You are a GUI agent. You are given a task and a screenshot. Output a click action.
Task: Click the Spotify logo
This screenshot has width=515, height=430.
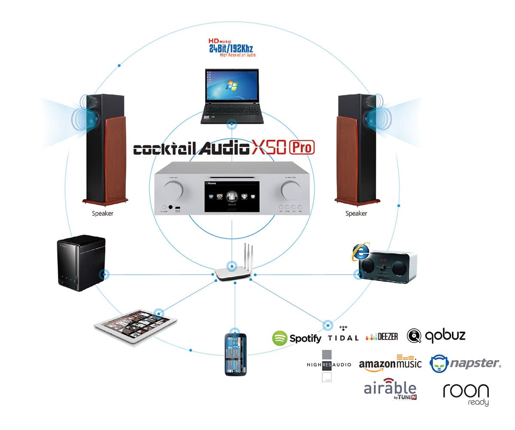tap(297, 338)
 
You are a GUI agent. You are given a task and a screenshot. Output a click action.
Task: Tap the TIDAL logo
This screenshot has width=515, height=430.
tap(343, 335)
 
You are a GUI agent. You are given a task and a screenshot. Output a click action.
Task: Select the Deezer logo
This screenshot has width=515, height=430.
tap(382, 337)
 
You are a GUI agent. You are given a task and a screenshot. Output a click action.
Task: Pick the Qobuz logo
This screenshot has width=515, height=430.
tap(436, 336)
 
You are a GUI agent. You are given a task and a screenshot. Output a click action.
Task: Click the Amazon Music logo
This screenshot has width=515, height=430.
tap(390, 364)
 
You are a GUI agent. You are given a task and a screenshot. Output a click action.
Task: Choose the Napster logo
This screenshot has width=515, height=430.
tap(465, 364)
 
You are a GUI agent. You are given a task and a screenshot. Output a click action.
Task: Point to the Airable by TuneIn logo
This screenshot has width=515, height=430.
tap(390, 389)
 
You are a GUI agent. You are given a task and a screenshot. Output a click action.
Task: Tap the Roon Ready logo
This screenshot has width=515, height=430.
tap(466, 394)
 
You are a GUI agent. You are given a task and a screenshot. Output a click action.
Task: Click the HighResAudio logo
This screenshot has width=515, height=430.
tap(329, 364)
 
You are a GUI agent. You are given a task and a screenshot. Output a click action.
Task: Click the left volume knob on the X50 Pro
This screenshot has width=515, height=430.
tap(177, 188)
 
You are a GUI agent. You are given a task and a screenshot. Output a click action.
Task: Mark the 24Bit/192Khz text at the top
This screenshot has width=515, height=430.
tap(231, 48)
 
